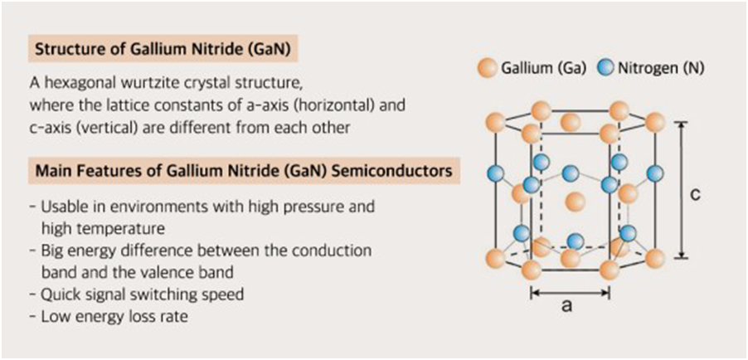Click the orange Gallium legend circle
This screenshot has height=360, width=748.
pos(488,68)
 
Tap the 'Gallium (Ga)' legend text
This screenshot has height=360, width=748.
pos(542,68)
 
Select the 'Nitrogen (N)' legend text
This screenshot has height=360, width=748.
pos(659,68)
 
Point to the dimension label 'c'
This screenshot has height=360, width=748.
pos(697,193)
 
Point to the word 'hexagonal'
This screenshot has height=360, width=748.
pos(75,85)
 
